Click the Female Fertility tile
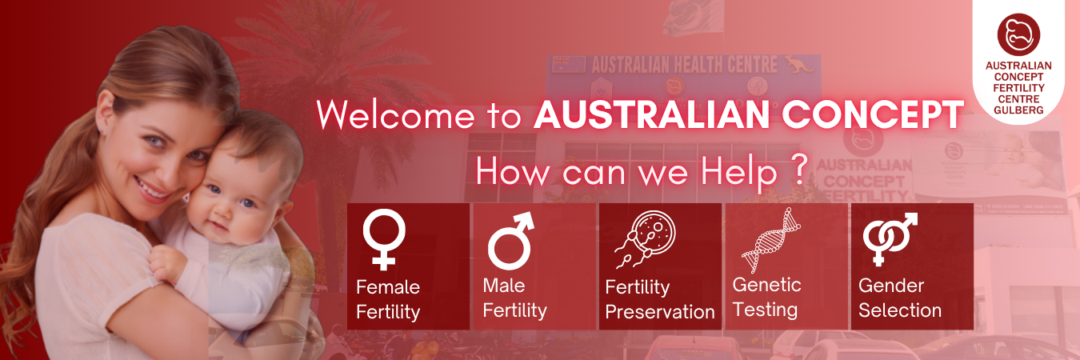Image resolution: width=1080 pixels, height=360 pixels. tap(408, 266)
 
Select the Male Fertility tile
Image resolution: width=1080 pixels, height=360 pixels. tap(534, 266)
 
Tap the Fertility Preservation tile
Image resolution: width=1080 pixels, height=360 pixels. tap(660, 266)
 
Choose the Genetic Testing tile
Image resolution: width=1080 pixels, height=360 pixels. tap(786, 266)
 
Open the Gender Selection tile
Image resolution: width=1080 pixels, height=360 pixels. tap(911, 266)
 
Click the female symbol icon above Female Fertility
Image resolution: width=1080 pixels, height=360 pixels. tap(384, 238)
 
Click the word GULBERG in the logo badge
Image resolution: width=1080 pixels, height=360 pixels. tap(1018, 110)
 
